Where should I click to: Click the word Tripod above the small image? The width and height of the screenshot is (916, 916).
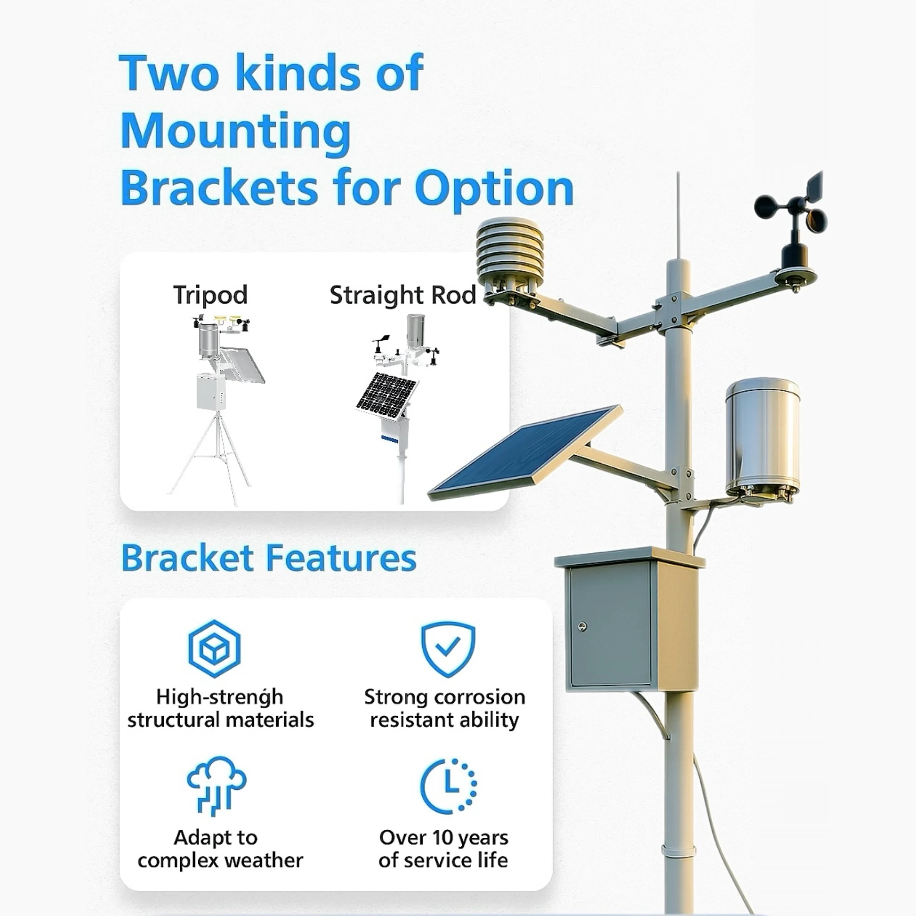point(210,295)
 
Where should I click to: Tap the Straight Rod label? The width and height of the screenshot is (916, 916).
point(403,295)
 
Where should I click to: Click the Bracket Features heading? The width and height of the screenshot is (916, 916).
point(269,558)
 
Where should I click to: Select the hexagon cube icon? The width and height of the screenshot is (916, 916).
point(214,648)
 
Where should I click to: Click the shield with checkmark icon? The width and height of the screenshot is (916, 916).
point(448,648)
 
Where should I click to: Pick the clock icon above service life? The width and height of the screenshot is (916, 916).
point(448,786)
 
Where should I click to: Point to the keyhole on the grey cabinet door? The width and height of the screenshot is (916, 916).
point(583,627)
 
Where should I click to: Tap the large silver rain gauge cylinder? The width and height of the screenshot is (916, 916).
point(762,436)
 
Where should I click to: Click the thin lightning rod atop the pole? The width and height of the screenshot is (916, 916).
point(679,213)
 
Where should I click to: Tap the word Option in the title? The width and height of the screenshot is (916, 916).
point(493,188)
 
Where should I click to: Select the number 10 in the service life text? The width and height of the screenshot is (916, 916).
point(443,838)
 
